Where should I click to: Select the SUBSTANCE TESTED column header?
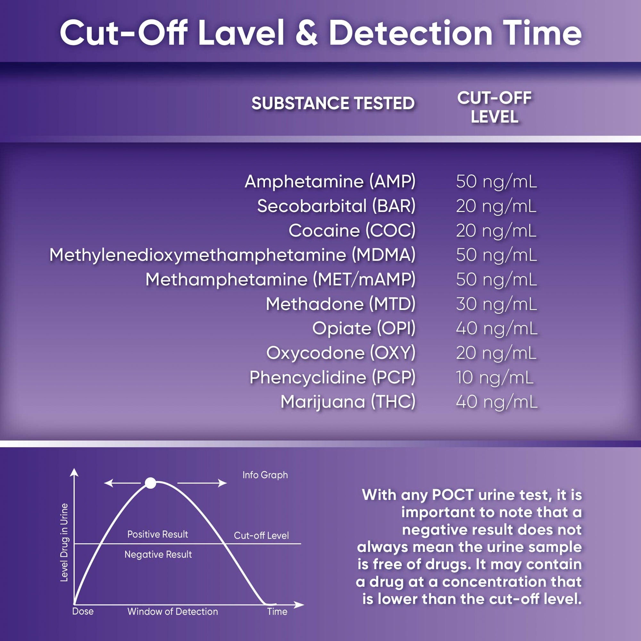(x=333, y=103)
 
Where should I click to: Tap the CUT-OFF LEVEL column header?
(x=494, y=107)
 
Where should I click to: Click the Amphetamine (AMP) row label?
(x=330, y=182)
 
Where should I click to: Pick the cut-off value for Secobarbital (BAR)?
(x=496, y=206)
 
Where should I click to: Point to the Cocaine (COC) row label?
(x=352, y=230)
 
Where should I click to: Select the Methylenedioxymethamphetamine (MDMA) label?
(x=232, y=255)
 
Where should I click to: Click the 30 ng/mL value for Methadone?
(x=496, y=304)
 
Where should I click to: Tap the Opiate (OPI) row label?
(x=364, y=329)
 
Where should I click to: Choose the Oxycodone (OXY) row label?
(x=341, y=353)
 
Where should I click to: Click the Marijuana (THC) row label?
(x=348, y=402)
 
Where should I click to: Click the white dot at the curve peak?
(x=151, y=483)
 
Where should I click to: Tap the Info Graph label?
(x=265, y=475)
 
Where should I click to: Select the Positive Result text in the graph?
(x=158, y=534)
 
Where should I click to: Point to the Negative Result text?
(x=158, y=554)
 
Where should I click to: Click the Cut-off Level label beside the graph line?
(x=261, y=536)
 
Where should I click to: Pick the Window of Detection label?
(x=173, y=612)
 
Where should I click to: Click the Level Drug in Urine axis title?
(x=64, y=543)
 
